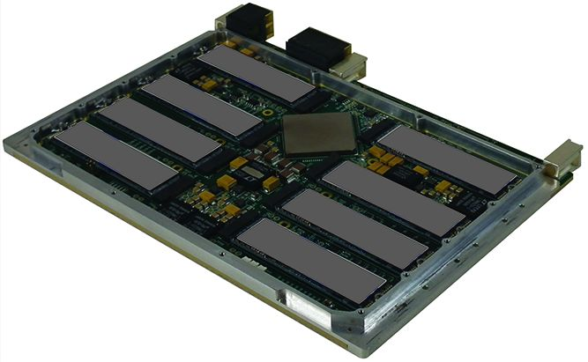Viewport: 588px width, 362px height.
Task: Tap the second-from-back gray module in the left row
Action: [202, 105]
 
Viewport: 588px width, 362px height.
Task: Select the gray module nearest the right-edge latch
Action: [448, 159]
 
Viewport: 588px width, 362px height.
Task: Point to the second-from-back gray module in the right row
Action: [393, 197]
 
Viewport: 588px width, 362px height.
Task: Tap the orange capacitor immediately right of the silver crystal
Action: [272, 183]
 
